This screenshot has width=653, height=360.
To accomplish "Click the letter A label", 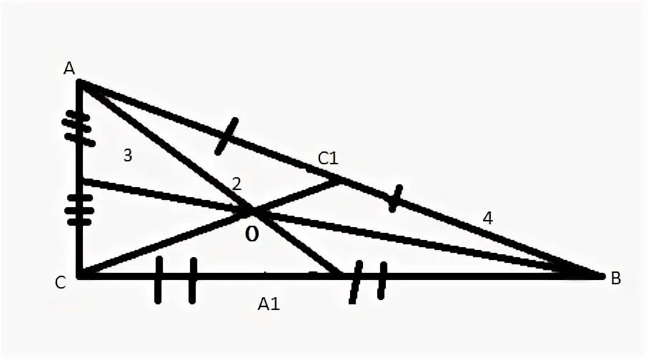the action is click(69, 69).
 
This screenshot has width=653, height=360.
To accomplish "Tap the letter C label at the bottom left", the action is click(60, 284).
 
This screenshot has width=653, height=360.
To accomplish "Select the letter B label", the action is click(616, 279).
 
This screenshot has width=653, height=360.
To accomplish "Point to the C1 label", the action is click(328, 159).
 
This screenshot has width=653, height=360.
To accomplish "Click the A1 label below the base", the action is click(269, 304).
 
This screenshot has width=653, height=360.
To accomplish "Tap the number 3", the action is click(127, 156).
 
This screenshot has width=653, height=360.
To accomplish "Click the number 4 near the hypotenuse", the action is click(487, 219).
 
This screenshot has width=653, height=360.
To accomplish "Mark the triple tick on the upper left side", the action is click(79, 129).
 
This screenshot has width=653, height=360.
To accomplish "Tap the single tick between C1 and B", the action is click(394, 199).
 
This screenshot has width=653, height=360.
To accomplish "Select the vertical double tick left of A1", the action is click(175, 279).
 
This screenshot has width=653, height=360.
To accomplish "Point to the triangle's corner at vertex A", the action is click(79, 82).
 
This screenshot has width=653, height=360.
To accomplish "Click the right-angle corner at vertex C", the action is click(79, 274).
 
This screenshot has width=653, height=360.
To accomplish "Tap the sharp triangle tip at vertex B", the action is click(602, 275).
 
